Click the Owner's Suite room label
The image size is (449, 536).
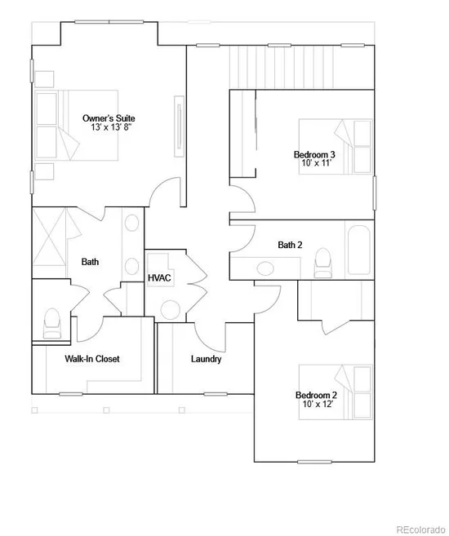coord(109,118)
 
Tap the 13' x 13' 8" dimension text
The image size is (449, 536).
coord(111,127)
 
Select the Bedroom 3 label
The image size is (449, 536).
coord(314,154)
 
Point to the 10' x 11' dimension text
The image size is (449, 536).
coord(317,163)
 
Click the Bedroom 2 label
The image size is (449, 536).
coord(316,395)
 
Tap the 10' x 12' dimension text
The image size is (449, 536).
coord(318,404)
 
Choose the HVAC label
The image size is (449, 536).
coord(159,278)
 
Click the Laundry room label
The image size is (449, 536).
coord(207,359)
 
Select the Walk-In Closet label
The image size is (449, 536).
coord(92,359)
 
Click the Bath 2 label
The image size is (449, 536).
coord(290,245)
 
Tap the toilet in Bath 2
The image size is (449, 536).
coord(322,263)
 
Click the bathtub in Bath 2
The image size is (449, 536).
coord(358,250)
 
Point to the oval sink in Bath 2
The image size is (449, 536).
coord(265,268)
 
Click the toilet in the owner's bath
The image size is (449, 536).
coord(52,323)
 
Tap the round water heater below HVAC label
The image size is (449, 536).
coord(171,310)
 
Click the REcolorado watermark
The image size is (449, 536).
coord(420,529)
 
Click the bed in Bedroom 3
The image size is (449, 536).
coord(336,147)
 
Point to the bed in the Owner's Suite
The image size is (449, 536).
coord(77,125)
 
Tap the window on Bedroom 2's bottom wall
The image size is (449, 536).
coord(314,462)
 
